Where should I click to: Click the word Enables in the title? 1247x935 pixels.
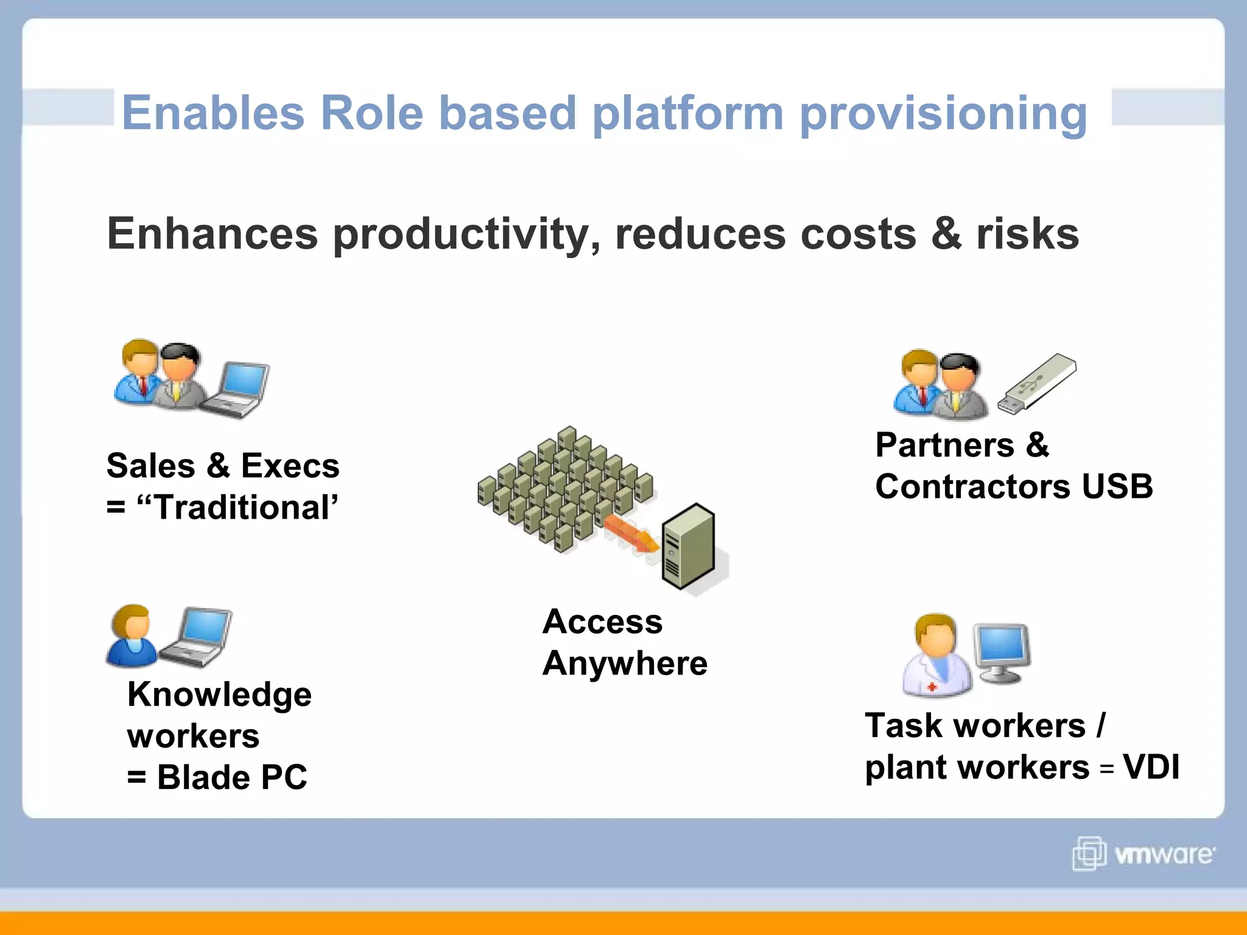213,113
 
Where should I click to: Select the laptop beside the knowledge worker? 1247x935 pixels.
196,637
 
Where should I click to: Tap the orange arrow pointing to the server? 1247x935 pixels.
631,533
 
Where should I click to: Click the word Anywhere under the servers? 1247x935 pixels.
625,664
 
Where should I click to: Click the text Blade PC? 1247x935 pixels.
231,777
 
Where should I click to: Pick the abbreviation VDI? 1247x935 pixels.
1151,767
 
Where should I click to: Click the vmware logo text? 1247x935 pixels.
1163,855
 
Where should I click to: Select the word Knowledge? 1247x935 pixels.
219,695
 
